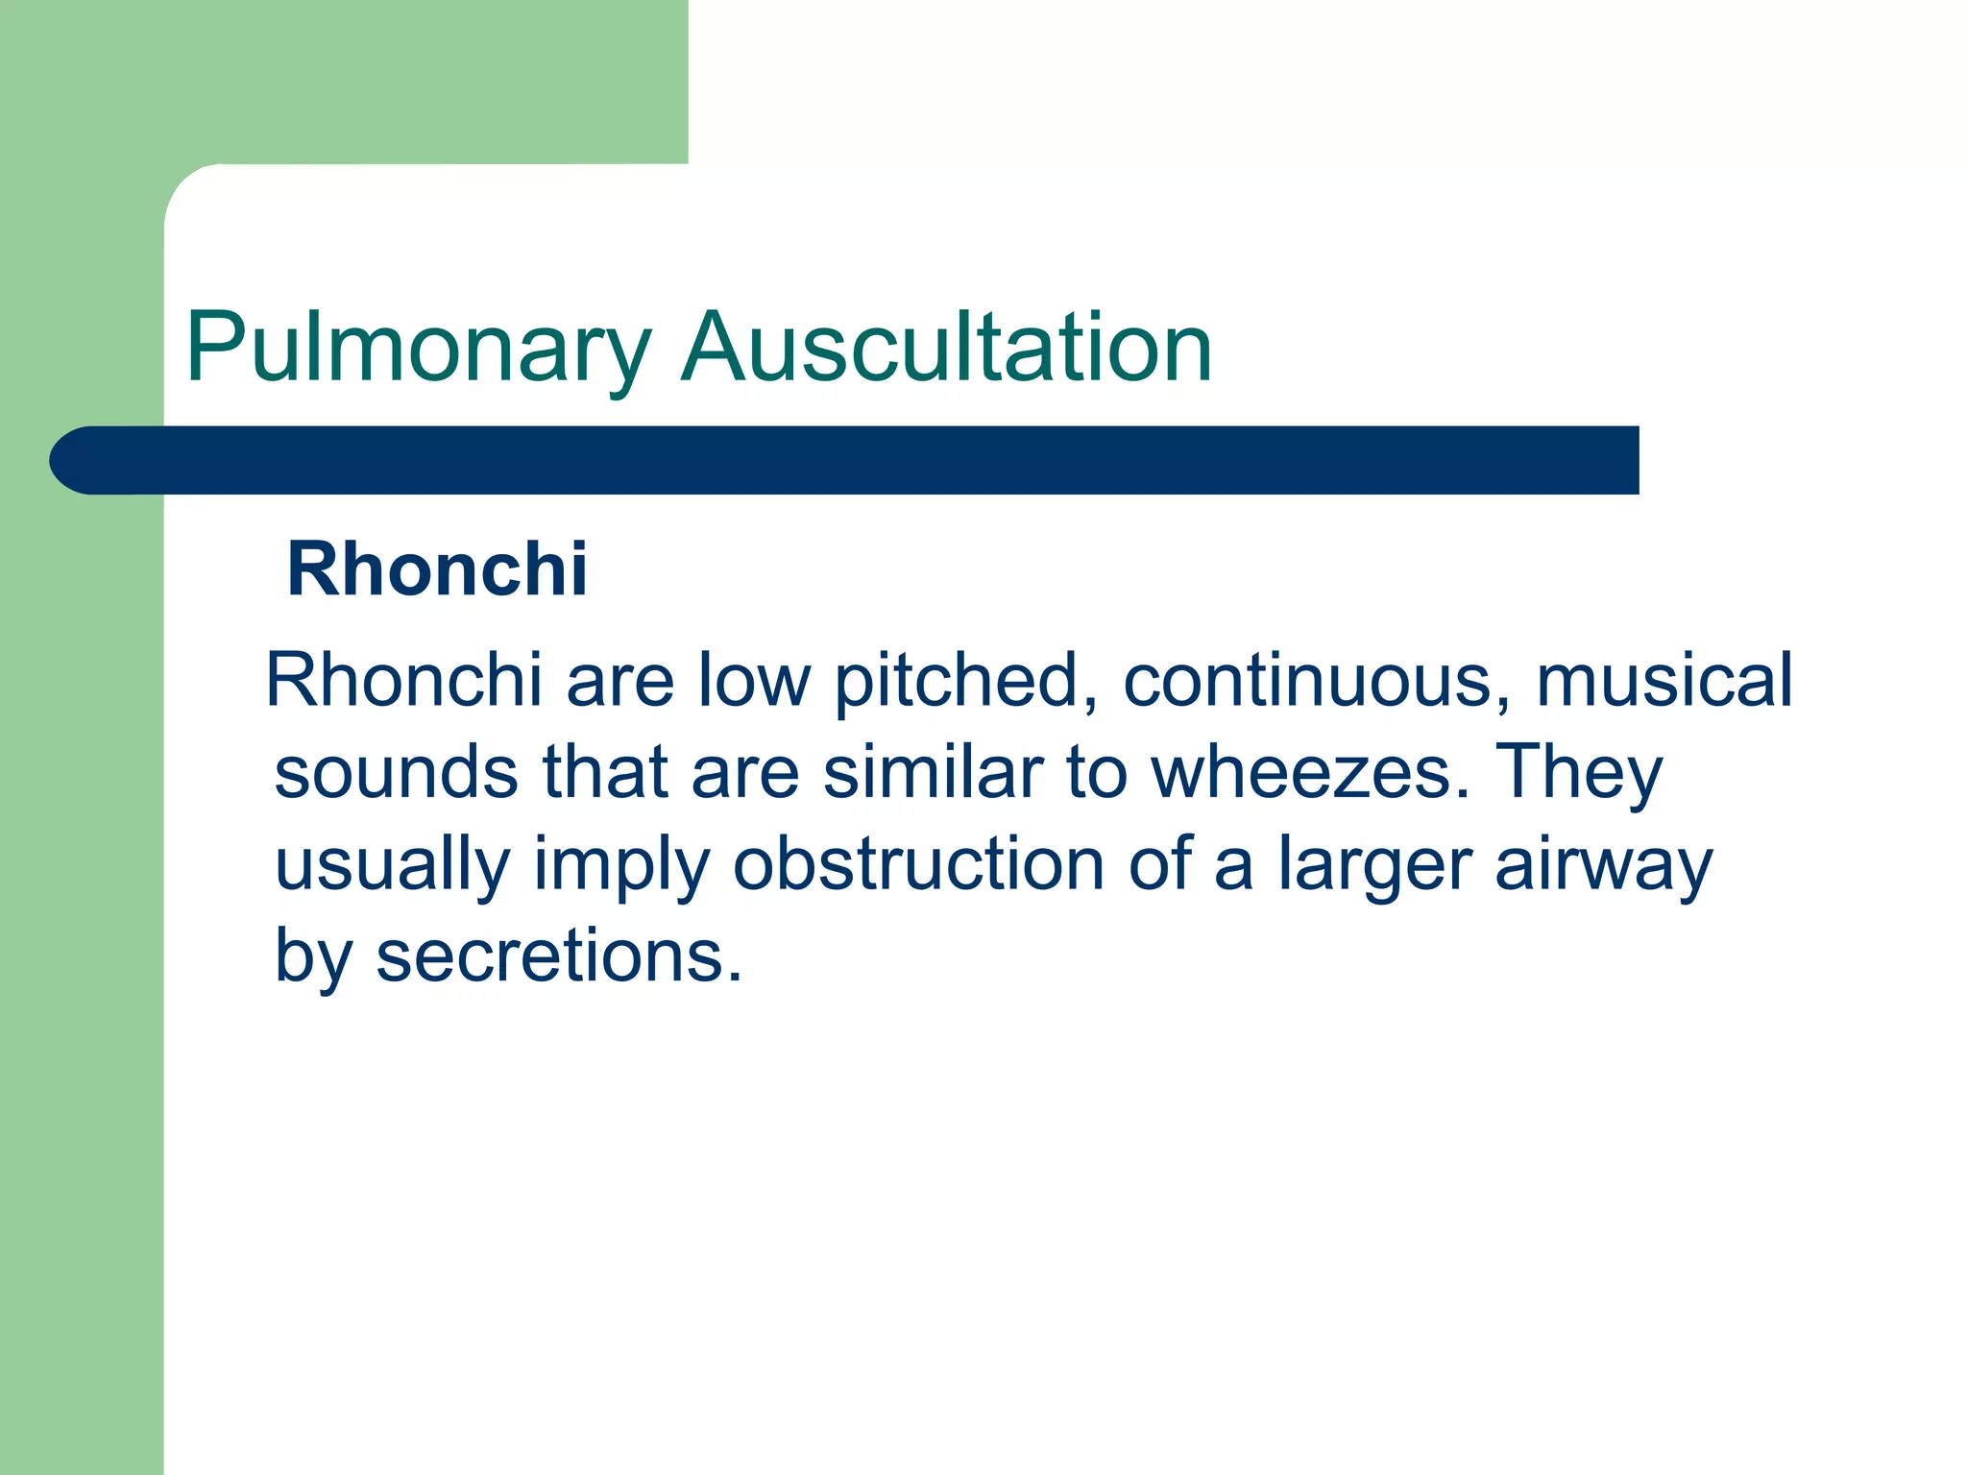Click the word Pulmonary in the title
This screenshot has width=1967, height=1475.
[419, 348]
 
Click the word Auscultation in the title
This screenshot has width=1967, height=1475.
[946, 348]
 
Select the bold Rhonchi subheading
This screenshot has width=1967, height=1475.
[437, 569]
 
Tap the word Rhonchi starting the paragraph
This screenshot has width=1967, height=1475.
[404, 680]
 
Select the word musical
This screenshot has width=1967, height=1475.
[1663, 680]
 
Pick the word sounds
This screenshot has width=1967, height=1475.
[396, 772]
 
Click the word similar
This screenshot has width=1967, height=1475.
[933, 772]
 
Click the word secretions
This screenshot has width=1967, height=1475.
[559, 956]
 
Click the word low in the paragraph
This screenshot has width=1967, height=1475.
[754, 680]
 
